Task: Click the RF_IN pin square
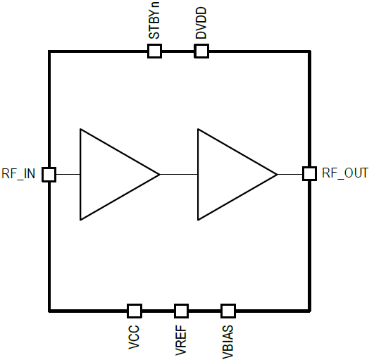49,175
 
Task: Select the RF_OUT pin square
310,174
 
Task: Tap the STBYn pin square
154,51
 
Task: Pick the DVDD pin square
201,51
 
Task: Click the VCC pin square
135,311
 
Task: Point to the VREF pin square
181,311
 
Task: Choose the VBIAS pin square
228,311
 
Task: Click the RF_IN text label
18,174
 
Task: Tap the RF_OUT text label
345,173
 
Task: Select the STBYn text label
154,20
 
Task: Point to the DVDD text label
201,23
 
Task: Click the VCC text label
134,337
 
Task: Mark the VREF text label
181,340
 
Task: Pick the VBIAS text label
227,342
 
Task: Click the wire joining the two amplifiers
179,175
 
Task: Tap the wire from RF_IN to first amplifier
68,175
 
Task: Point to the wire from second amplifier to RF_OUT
290,175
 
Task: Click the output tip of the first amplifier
160,175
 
